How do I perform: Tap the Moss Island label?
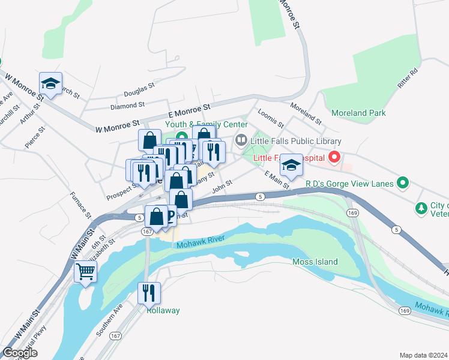click(x=315, y=262)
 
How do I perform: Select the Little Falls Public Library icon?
click(x=241, y=141)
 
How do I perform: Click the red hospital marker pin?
click(x=334, y=158)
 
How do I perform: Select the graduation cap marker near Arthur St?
click(x=51, y=83)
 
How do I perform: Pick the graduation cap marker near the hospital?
click(x=292, y=166)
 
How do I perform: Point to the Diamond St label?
click(x=127, y=106)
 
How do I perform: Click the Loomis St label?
click(x=270, y=118)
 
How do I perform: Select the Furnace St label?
click(x=80, y=205)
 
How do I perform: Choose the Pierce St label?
click(x=35, y=137)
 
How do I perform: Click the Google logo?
click(x=20, y=353)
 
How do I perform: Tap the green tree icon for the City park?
click(x=421, y=208)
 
